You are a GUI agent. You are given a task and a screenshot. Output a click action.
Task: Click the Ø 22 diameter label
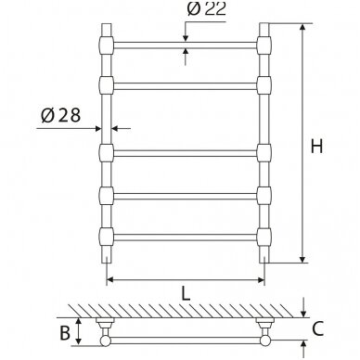(206, 8)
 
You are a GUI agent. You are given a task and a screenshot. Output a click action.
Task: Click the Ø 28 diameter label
(60, 115)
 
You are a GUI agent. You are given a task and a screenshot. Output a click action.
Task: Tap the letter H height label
(316, 146)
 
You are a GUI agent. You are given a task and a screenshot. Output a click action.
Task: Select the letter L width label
(186, 293)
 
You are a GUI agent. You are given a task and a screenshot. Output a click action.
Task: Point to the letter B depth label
(65, 332)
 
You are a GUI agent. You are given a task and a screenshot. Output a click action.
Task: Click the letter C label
(317, 328)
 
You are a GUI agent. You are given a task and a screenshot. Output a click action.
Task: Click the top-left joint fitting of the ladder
(107, 45)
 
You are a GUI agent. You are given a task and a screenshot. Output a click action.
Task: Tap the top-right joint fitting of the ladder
(264, 45)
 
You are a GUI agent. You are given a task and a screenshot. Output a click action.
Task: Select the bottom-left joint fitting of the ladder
(107, 237)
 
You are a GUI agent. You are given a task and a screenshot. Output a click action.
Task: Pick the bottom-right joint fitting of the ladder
(264, 237)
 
